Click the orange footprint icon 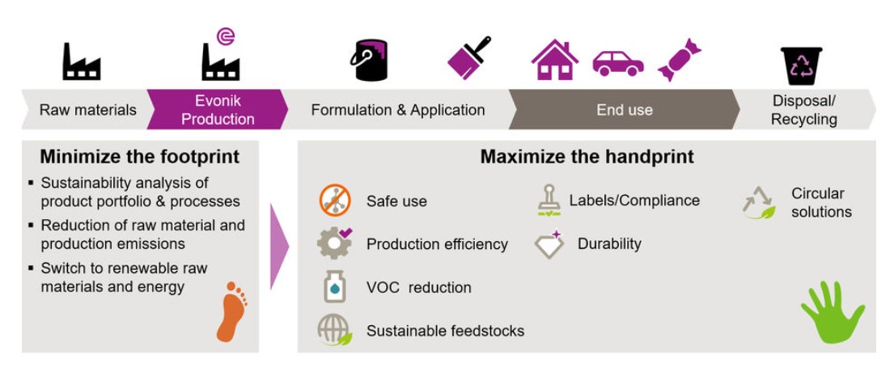click(231, 311)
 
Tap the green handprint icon click(833, 313)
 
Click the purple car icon click(618, 63)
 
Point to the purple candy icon click(679, 60)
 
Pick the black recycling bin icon click(801, 66)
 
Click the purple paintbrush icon click(469, 57)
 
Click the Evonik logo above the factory click(226, 36)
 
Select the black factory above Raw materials click(82, 61)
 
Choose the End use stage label click(625, 109)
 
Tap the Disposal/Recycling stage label click(804, 110)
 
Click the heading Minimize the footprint click(140, 157)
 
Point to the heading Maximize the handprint click(587, 157)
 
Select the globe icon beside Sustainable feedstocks click(335, 331)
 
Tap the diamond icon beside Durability click(549, 244)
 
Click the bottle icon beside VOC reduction click(335, 286)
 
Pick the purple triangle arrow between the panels click(279, 247)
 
